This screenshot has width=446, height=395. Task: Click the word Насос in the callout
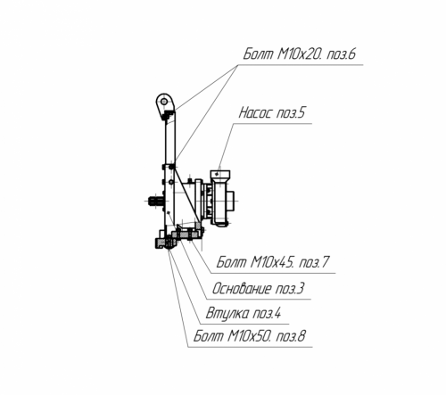[x=256, y=113]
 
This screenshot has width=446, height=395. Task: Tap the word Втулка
[x=227, y=314]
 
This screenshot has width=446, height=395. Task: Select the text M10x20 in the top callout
[x=300, y=54]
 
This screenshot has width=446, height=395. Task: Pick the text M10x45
[x=273, y=262]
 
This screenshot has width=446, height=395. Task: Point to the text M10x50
[x=250, y=336]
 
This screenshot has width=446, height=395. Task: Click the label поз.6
[x=341, y=54]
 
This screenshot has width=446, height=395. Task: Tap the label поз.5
[x=291, y=113]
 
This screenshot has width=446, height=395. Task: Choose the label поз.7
[x=314, y=262]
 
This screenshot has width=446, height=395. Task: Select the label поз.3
[x=290, y=289]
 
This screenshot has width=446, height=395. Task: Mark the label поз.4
[x=267, y=314]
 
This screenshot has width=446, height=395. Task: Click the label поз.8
[x=291, y=336]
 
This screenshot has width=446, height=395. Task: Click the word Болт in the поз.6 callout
[x=258, y=54]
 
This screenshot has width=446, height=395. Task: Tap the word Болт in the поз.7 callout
[x=231, y=262]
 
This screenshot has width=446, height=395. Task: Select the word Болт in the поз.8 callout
[x=209, y=336]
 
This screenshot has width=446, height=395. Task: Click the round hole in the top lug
[x=164, y=103]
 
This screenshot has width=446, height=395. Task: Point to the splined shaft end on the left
[x=156, y=202]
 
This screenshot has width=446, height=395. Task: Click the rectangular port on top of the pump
[x=220, y=173]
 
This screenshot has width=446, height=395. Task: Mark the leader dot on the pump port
[x=219, y=173]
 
